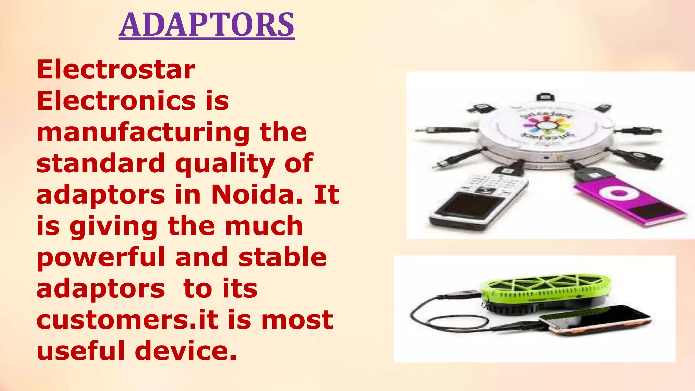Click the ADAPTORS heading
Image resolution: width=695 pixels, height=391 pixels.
tap(206, 25)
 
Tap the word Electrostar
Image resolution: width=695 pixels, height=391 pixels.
tap(116, 70)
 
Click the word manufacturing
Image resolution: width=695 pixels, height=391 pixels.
tap(143, 132)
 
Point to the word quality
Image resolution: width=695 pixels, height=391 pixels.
tap(225, 164)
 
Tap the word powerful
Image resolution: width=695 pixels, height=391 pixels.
tap(101, 257)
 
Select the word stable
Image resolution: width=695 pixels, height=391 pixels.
tap(283, 257)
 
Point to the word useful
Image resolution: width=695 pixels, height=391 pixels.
tap(80, 351)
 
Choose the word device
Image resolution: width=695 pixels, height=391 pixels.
tap(186, 351)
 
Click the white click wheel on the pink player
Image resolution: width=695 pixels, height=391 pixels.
tap(617, 193)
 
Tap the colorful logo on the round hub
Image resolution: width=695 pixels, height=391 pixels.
tap(547, 126)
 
